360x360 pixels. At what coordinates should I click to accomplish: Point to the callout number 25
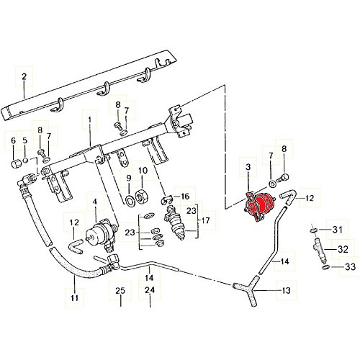(120, 310)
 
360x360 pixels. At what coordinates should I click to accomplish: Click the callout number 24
(149, 310)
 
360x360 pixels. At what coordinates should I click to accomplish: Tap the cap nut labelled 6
(13, 162)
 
